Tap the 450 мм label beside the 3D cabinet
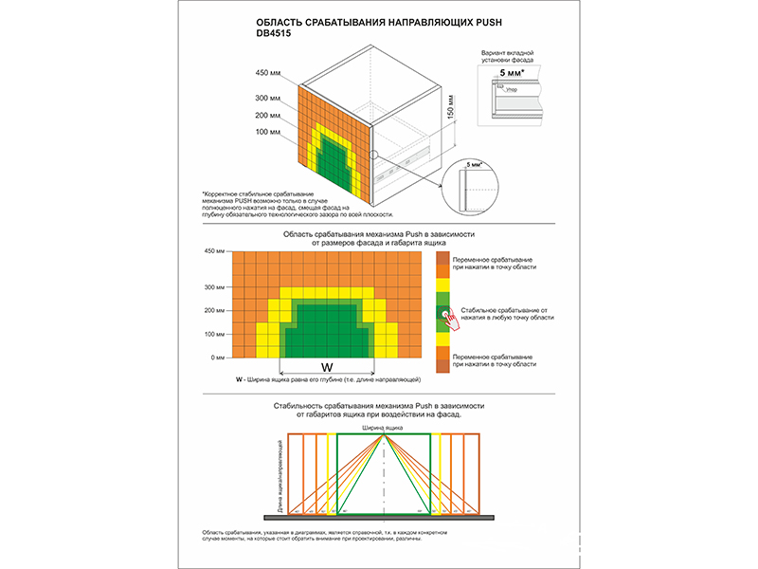[269, 73]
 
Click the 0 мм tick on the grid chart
[217, 358]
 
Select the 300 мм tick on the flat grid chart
[214, 286]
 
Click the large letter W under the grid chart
[326, 366]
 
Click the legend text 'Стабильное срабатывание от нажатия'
[507, 314]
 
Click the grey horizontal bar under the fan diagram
[379, 516]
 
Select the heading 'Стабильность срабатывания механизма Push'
[379, 405]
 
